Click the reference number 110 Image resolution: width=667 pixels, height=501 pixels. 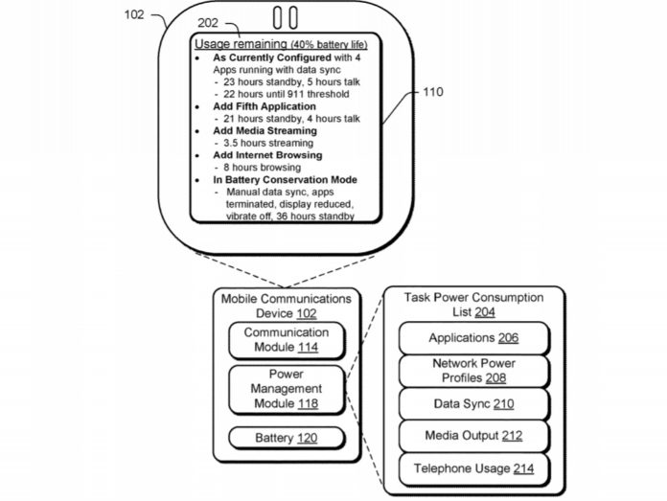[433, 94]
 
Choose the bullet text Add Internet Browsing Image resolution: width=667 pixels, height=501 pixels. [267, 154]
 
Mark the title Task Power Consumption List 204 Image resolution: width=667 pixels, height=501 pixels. [473, 305]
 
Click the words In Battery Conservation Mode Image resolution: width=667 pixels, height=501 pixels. [285, 179]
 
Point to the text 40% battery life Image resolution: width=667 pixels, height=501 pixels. [329, 45]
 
